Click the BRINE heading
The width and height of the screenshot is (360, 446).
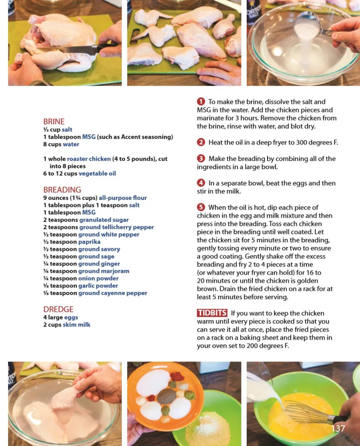(54, 122)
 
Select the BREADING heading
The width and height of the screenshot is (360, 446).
(62, 190)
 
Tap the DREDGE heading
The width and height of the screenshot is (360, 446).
(58, 309)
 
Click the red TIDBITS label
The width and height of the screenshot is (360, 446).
(212, 313)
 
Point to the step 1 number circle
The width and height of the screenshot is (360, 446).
(201, 101)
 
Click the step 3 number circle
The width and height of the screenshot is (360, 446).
(201, 159)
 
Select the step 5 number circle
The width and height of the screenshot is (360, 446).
(201, 207)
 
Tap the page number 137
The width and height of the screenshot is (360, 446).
(338, 429)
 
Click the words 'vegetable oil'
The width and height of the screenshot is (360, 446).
(97, 174)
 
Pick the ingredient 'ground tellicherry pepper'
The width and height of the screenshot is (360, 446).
(116, 227)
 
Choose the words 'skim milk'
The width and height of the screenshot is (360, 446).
(77, 324)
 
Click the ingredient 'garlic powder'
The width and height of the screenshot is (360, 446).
(98, 285)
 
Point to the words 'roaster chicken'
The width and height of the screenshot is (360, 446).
(89, 159)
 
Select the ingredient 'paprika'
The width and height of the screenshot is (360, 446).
(89, 242)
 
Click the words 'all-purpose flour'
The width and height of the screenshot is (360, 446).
(123, 198)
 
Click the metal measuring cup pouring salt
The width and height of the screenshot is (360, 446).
(309, 25)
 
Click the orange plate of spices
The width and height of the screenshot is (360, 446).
(165, 395)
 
